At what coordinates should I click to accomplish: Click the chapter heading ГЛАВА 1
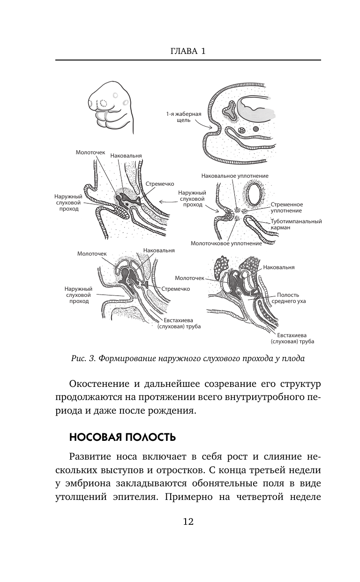coord(187,51)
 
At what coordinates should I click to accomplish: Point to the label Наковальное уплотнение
coord(234,176)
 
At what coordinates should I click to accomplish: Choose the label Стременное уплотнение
coord(287,208)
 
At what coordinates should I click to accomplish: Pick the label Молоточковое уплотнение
coord(226,243)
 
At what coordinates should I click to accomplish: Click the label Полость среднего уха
coord(291,298)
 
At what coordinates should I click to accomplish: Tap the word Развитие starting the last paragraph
coord(90,457)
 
